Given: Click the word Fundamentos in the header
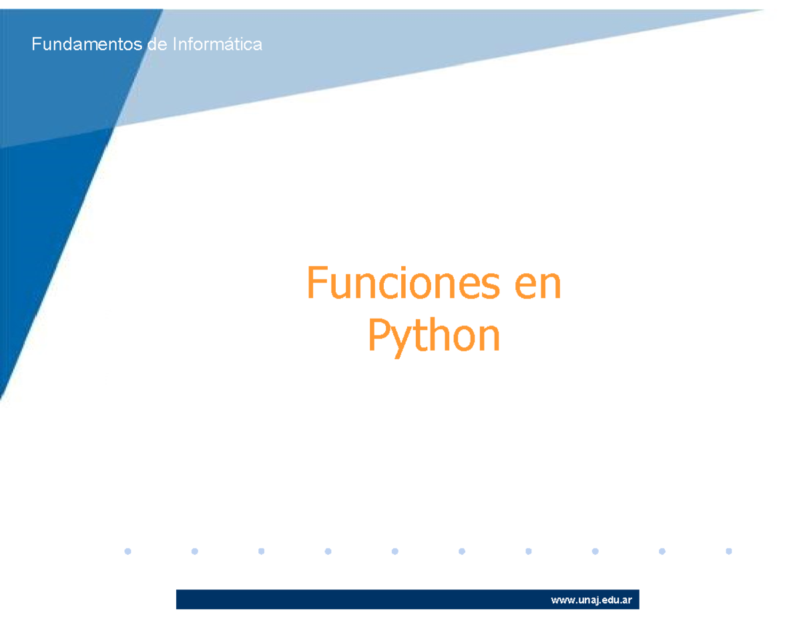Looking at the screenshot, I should [x=81, y=45].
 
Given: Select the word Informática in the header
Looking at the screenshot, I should [x=218, y=45].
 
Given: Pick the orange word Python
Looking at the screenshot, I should [x=433, y=337].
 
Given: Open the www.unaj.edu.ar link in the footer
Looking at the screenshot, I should [x=591, y=600].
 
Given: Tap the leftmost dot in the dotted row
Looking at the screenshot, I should [x=128, y=551].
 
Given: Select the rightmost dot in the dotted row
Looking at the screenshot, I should [x=729, y=551].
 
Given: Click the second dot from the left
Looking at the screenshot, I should [x=195, y=551].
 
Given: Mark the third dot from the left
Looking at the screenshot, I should [x=262, y=551].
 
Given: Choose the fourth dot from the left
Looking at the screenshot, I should [x=328, y=551].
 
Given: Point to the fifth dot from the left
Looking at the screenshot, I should [x=395, y=551].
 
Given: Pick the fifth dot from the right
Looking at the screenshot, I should [x=462, y=551].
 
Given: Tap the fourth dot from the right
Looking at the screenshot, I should [x=529, y=551].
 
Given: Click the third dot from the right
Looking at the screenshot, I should [x=595, y=551].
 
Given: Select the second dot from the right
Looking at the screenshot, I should [x=662, y=551].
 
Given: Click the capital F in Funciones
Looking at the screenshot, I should [x=316, y=283].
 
